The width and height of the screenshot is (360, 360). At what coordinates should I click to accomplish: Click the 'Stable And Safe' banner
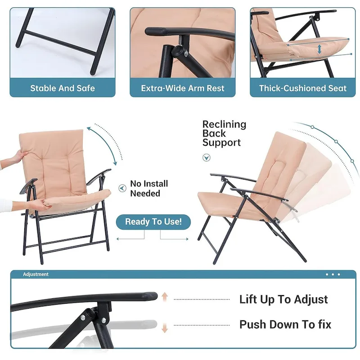point(63,88)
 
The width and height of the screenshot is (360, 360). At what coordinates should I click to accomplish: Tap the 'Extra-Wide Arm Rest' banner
point(183,88)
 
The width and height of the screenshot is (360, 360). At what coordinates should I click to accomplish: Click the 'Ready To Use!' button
point(153,221)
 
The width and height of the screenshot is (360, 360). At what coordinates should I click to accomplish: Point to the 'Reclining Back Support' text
point(224,133)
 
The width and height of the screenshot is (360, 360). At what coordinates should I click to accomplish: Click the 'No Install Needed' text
point(149,189)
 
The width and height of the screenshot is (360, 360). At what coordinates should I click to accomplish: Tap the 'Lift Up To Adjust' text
point(283,299)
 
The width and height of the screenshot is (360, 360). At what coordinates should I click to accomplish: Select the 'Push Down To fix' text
point(285,324)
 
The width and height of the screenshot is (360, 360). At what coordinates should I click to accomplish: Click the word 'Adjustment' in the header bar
point(36,274)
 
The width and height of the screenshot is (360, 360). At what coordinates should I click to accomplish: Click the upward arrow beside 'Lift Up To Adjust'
point(165,297)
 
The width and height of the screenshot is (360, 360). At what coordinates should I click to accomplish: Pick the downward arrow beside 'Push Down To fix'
point(165,327)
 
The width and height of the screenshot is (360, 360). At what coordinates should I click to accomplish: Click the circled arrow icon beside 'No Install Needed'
point(121,188)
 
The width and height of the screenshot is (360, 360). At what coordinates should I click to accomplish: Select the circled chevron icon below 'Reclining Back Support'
point(206,157)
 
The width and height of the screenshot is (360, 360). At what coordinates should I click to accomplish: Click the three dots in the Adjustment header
point(333,274)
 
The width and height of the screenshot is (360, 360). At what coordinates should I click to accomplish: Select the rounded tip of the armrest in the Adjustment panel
point(151,296)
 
